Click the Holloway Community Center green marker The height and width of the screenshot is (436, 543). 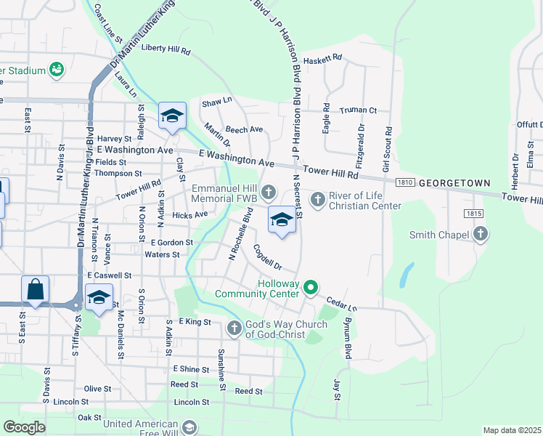coord(311,288)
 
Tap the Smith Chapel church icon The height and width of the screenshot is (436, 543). coord(480,234)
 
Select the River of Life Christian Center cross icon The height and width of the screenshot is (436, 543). coord(318,198)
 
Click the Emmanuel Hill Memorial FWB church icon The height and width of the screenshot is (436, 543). coord(269,193)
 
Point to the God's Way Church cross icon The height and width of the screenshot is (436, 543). coord(234,328)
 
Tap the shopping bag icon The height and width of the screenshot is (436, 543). coord(35,289)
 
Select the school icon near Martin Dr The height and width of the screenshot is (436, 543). coord(173,116)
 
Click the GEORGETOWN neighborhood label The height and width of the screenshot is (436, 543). coord(454,183)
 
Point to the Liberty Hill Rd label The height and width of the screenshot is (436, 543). coord(166,51)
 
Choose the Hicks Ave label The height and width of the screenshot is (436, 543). coord(190,215)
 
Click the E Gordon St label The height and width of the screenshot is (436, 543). coord(172,242)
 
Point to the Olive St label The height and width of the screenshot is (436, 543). coord(97,389)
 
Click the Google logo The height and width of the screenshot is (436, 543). coord(24,427)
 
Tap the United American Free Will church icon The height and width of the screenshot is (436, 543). coord(189,427)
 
